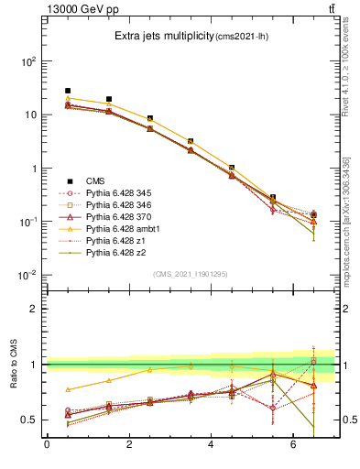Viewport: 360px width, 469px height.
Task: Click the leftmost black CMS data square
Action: coord(68,91)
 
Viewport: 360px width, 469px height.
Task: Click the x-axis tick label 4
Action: coord(212,446)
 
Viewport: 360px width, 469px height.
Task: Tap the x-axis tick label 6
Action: coord(293,446)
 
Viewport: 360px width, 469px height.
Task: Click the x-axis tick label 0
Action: coord(47,446)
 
